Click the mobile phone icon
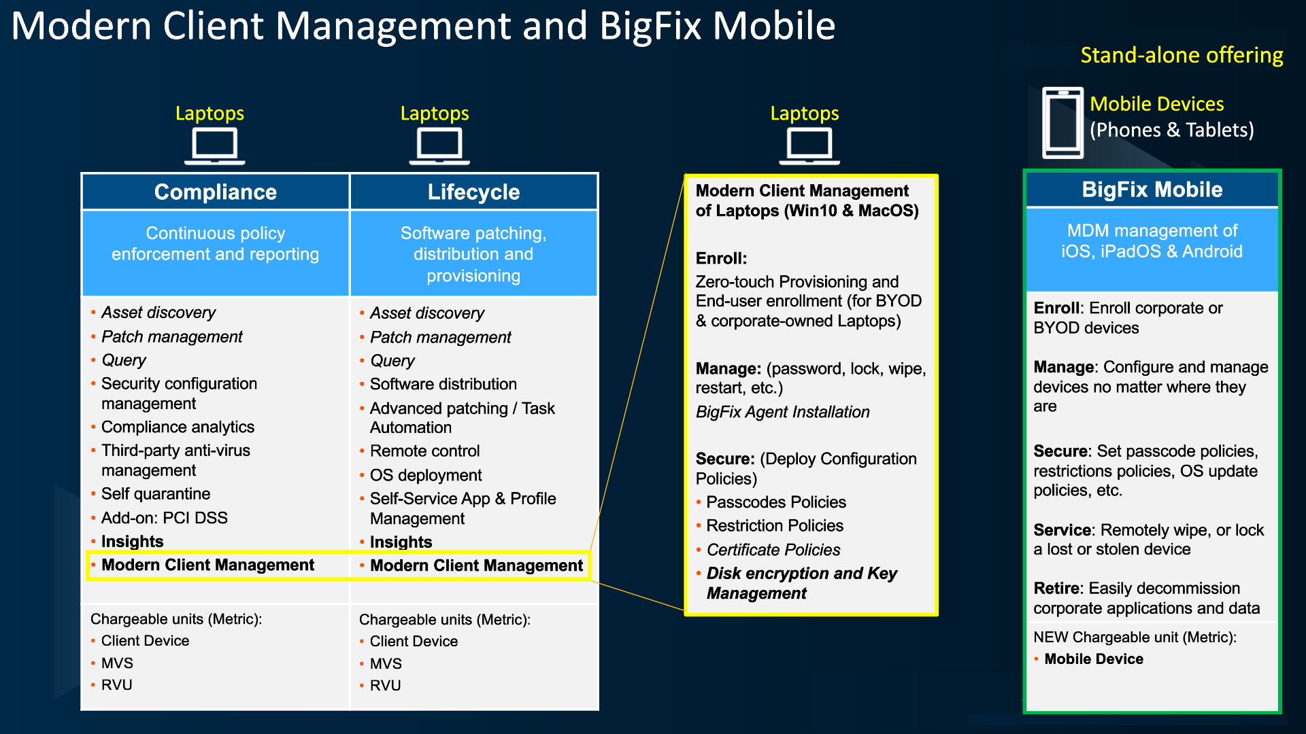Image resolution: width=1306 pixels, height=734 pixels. (x=1062, y=123)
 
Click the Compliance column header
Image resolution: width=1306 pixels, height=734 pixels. (x=215, y=192)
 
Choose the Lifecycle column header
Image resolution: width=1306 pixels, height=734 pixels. (x=473, y=192)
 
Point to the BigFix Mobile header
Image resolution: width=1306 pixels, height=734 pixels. (x=1152, y=190)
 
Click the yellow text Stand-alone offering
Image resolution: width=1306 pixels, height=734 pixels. (x=1182, y=55)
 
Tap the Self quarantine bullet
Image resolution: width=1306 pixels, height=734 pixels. (x=156, y=494)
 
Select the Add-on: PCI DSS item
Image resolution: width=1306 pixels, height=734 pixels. (x=164, y=518)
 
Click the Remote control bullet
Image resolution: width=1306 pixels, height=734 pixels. (x=424, y=451)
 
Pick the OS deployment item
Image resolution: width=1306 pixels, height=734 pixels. (x=426, y=475)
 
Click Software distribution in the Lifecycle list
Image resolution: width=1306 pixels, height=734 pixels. (x=443, y=384)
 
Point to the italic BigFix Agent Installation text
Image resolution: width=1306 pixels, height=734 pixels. (x=782, y=412)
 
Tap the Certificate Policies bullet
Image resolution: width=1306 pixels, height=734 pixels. (x=773, y=550)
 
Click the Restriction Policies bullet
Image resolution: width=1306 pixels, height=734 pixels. (x=775, y=525)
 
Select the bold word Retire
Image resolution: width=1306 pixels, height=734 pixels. (x=1058, y=589)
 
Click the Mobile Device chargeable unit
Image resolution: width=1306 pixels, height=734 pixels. (x=1094, y=659)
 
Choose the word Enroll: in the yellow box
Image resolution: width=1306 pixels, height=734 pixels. (x=721, y=258)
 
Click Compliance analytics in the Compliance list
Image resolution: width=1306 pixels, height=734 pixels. (x=178, y=427)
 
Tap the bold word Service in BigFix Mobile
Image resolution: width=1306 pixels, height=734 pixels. (x=1063, y=530)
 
